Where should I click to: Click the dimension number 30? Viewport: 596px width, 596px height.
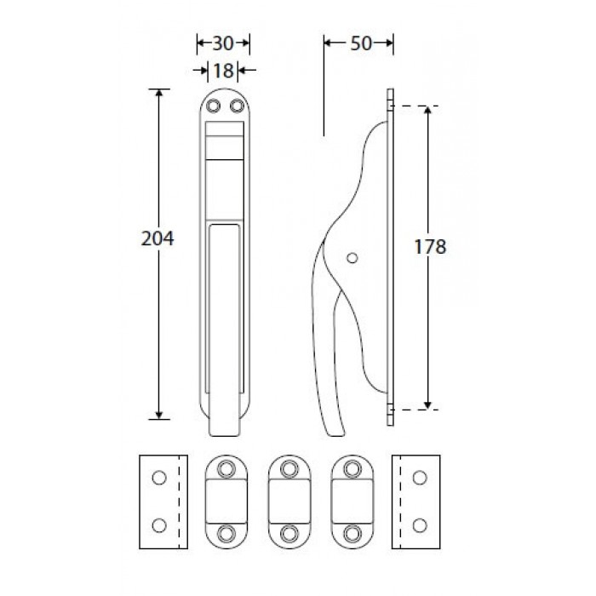coord(223,43)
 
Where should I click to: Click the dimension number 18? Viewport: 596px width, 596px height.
coord(223,71)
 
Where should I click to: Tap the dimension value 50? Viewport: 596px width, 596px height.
coord(361,43)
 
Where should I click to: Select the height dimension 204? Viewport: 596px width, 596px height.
coord(158,238)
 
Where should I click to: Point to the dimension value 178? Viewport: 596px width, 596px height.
coord(430,247)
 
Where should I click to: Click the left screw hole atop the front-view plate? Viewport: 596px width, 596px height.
coord(213,106)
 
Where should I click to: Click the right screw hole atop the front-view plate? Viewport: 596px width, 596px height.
coord(238,106)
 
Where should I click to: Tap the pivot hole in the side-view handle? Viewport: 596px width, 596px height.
coord(352,258)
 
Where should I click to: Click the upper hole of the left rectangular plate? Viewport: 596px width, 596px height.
coord(159,478)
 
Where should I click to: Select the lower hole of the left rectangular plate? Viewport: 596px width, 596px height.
coord(159,525)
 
